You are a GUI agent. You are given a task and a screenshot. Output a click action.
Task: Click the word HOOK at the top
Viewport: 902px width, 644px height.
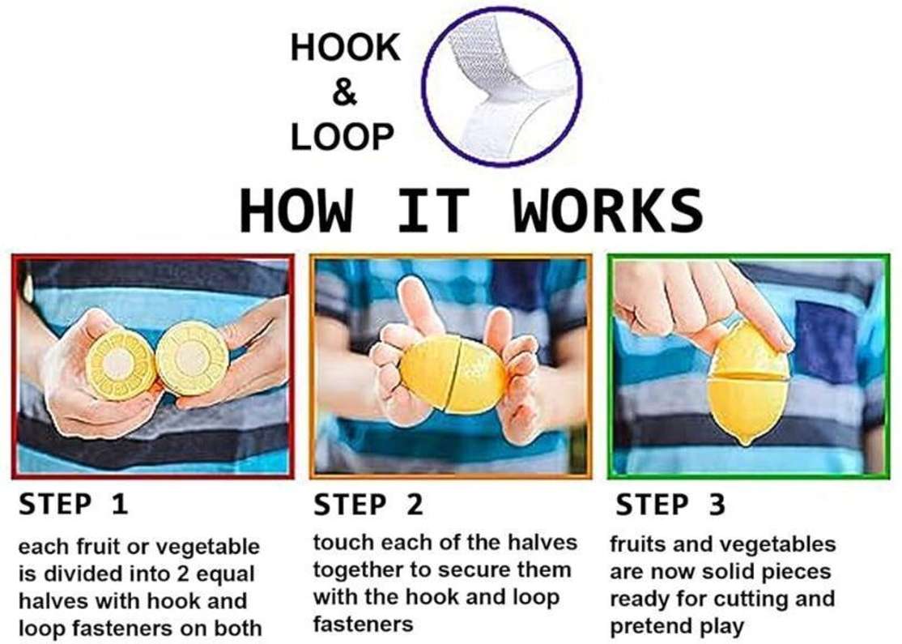tap(345, 47)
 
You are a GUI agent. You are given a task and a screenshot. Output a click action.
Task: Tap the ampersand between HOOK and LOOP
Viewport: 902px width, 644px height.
tap(345, 92)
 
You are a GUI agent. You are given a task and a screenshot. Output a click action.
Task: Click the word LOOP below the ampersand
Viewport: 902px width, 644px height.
tap(343, 137)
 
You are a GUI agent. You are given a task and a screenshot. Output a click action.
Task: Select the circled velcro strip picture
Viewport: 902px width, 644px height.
tap(502, 87)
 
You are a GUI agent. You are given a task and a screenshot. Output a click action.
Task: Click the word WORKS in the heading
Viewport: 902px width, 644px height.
tap(608, 211)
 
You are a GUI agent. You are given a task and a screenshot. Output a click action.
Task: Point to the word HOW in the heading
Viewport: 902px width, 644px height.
tap(296, 211)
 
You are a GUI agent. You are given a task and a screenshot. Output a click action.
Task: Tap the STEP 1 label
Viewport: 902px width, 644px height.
tap(73, 505)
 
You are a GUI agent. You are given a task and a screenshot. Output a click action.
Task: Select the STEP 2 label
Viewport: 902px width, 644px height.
tap(368, 505)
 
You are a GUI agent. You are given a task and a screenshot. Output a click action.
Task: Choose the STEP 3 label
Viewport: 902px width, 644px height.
tap(670, 505)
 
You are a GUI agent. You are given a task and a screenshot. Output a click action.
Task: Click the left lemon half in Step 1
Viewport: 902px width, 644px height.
tap(120, 365)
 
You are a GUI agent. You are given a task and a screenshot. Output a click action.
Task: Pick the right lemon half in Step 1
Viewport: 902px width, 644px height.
tap(192, 358)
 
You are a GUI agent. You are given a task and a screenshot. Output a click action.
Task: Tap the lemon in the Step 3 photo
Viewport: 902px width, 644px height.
tap(748, 382)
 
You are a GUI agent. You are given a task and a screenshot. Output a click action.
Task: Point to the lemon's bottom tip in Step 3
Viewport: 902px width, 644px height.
tap(746, 444)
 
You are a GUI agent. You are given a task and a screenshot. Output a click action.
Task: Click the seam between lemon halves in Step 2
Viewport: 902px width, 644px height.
tap(453, 374)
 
